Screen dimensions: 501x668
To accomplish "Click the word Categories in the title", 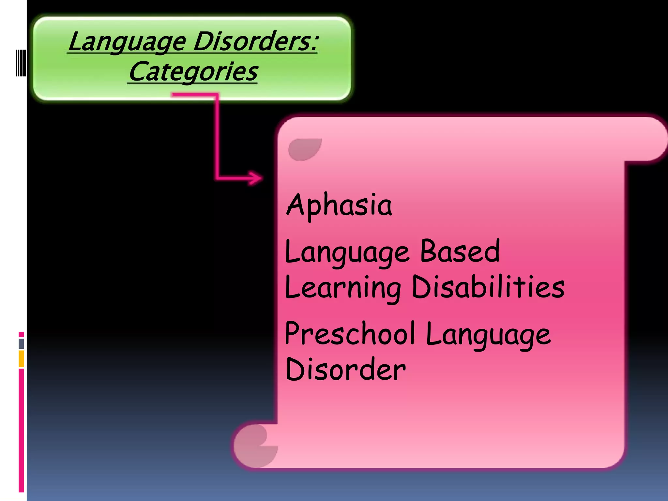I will click(x=193, y=72).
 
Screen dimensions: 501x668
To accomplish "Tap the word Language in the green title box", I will click(x=127, y=42).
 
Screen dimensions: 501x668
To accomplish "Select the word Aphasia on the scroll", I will click(x=339, y=205).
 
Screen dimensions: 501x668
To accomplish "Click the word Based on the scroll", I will click(x=460, y=251).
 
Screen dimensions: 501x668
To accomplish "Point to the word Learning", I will click(x=342, y=287).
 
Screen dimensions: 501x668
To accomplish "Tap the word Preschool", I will click(x=350, y=333).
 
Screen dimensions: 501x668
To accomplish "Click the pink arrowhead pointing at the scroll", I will click(x=256, y=178).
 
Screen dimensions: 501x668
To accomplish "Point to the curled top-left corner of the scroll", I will click(x=304, y=149).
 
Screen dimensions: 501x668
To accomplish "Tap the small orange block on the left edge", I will click(x=22, y=358).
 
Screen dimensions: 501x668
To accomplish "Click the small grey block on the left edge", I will click(x=22, y=344).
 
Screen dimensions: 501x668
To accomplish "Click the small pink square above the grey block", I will click(x=22, y=335).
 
